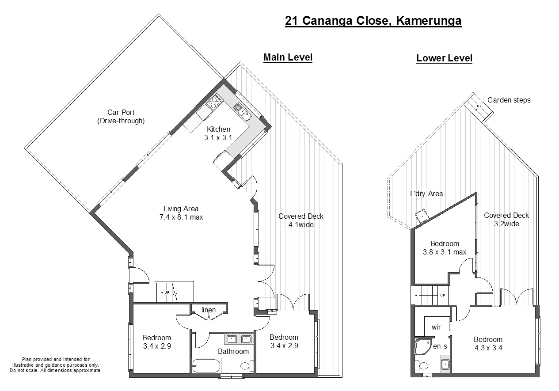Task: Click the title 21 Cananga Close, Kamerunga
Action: [x=373, y=21]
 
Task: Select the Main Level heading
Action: [x=288, y=57]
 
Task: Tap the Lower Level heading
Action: [x=444, y=58]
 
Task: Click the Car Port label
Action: [x=121, y=116]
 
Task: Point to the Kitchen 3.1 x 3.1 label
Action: [x=219, y=133]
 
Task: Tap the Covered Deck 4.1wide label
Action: [x=301, y=220]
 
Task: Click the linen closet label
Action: [x=209, y=310]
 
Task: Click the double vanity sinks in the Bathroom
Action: [x=239, y=339]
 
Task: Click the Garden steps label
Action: [x=509, y=100]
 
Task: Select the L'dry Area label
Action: [x=426, y=194]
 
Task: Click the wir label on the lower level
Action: [x=436, y=327]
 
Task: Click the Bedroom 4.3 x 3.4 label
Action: [x=488, y=343]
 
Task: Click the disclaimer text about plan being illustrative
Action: [x=56, y=365]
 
